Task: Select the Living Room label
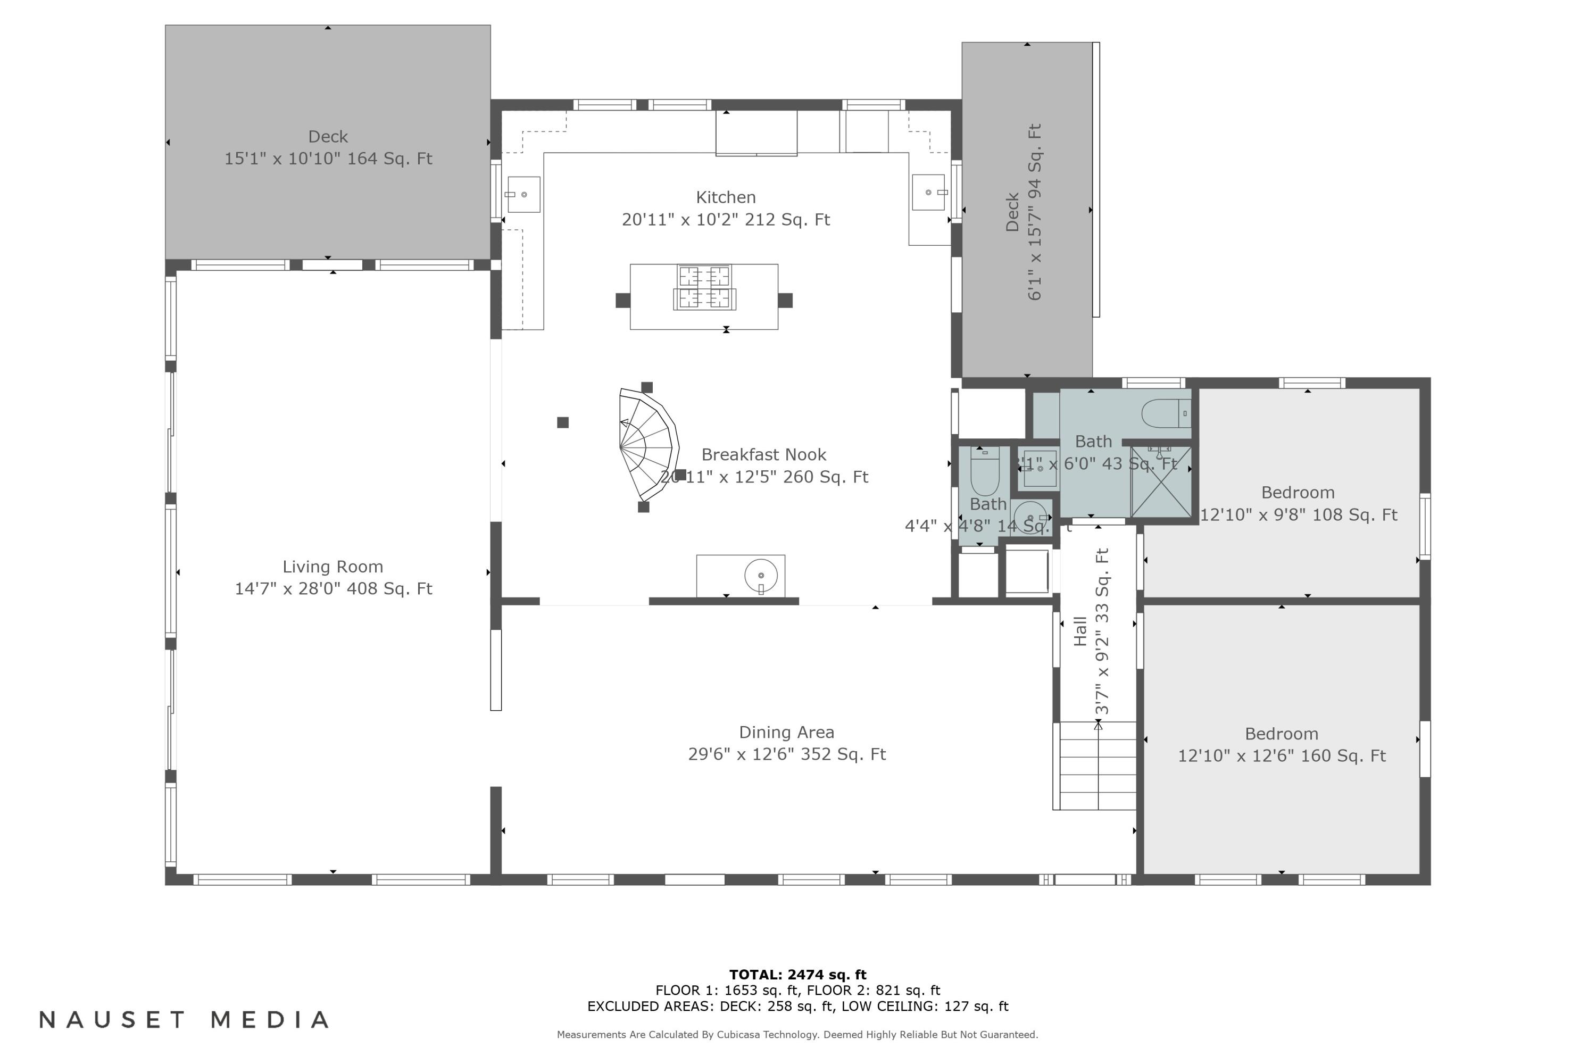point(332,567)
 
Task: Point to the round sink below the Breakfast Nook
point(761,576)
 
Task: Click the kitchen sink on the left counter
point(524,195)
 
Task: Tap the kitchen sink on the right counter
point(928,193)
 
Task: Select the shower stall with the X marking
point(1160,482)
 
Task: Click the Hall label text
point(1081,631)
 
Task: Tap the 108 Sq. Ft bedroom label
point(1298,493)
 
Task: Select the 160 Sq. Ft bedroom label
point(1281,734)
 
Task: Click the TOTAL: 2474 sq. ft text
point(797,975)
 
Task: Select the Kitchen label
point(726,197)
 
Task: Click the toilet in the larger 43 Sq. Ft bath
point(1165,413)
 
